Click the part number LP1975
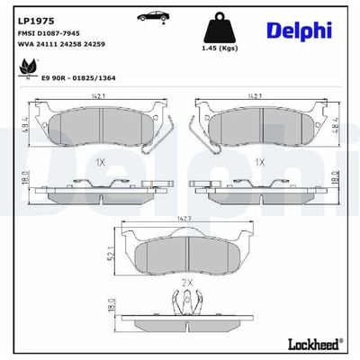pyautogui.click(x=36, y=21)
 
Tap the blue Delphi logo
pyautogui.click(x=299, y=31)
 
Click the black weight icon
pyautogui.click(x=220, y=28)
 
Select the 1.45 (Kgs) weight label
pyautogui.click(x=220, y=49)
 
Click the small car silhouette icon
pyautogui.click(x=152, y=16)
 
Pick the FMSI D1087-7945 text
pyautogui.click(x=49, y=33)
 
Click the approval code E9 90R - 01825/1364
pyautogui.click(x=78, y=78)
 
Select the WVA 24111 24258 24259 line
pyautogui.click(x=61, y=44)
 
